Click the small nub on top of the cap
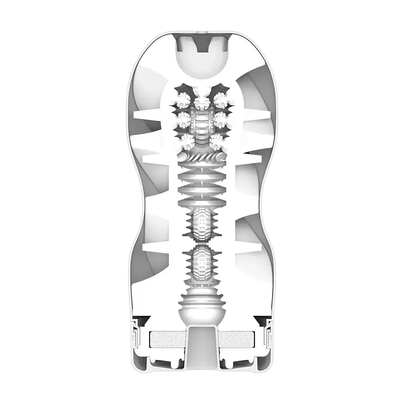coord(202,31)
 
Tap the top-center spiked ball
coord(202,101)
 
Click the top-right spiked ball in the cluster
coord(221,99)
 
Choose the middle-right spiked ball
coord(221,120)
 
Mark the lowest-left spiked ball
coord(187,141)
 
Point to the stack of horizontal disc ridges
coord(202,183)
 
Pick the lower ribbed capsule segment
coord(202,264)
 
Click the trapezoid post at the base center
coord(202,342)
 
